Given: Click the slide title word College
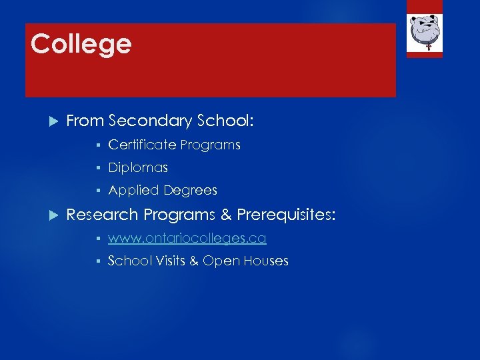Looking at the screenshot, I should [81, 45].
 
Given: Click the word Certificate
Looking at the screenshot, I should [142, 145].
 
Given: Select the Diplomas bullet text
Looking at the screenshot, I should [138, 167].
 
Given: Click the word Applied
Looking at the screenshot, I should [133, 191].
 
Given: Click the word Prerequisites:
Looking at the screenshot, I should [287, 215].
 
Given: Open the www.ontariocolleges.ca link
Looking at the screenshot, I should [187, 238].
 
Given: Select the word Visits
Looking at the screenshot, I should [171, 261].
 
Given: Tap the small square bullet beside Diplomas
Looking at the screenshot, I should [97, 168].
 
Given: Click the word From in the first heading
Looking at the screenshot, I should [85, 121].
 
